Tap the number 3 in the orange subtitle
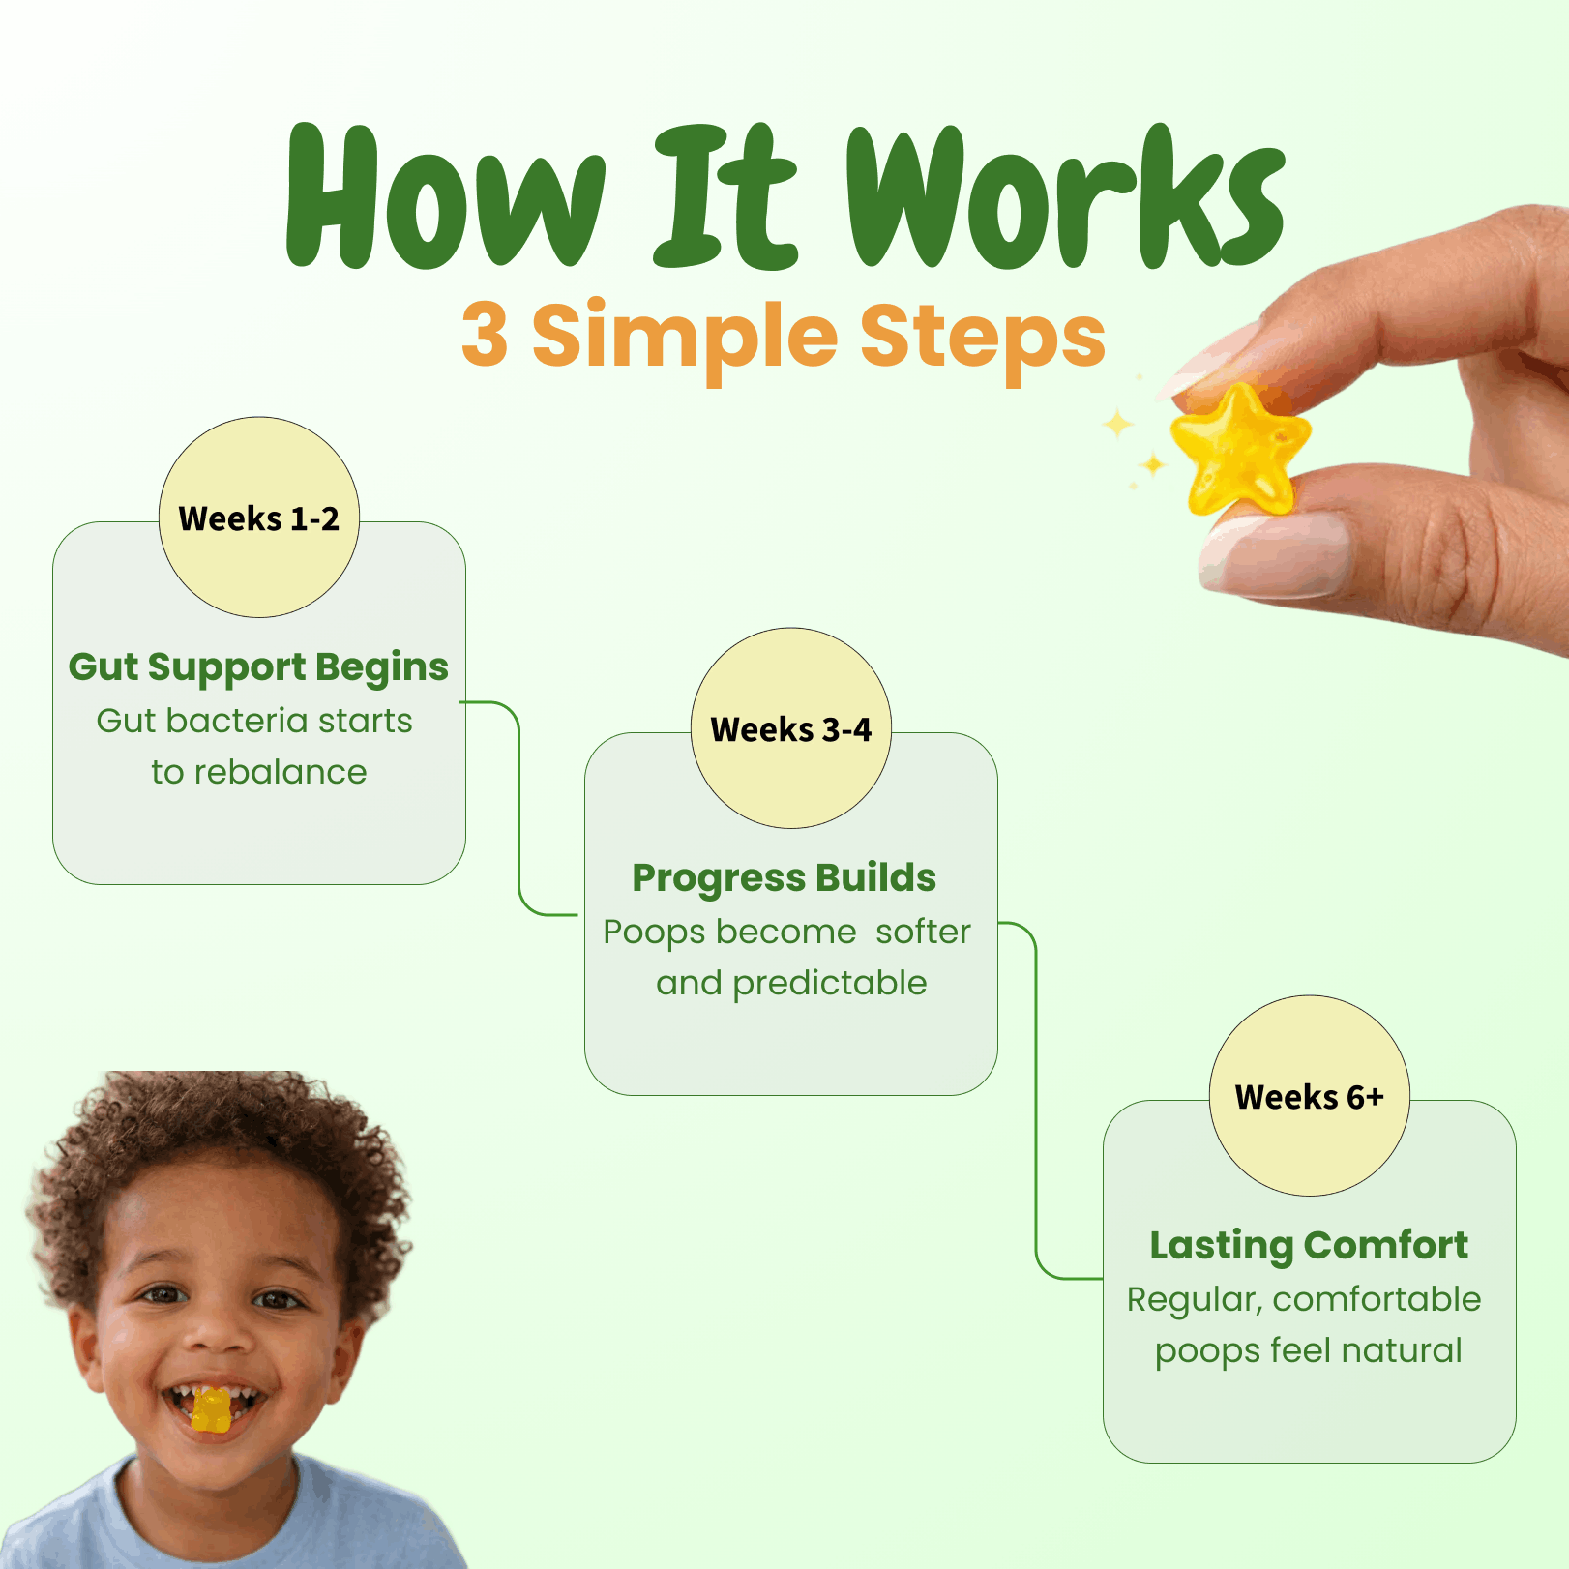point(485,334)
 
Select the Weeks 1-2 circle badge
point(259,518)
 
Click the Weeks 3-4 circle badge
point(791,728)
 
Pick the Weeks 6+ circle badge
point(1310,1096)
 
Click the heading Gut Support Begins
point(258,667)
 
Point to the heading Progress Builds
point(784,878)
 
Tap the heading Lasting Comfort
point(1309,1246)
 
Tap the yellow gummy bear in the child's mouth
point(211,1410)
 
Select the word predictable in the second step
point(830,984)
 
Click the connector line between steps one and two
point(519,809)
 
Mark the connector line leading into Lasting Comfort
point(1036,1101)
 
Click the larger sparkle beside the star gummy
point(1118,424)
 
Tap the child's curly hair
point(213,1141)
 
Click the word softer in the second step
point(923,932)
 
